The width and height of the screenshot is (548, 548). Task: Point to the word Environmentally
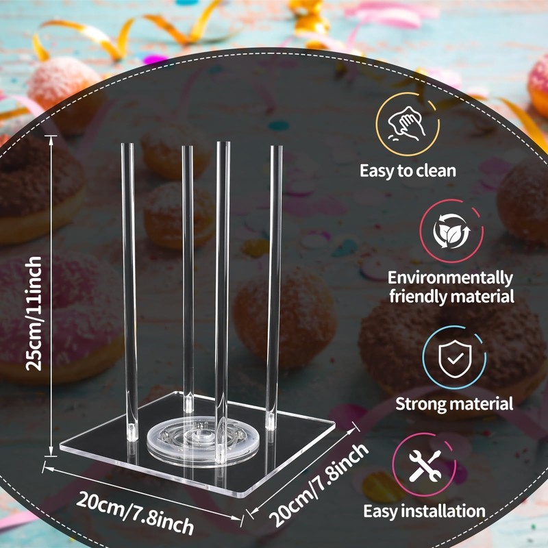(x=450, y=278)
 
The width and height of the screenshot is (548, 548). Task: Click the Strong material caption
(x=454, y=403)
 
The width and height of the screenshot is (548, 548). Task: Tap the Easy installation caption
(x=424, y=511)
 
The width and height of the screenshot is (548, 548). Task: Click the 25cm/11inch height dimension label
(x=36, y=312)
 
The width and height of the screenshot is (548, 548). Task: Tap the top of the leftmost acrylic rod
(x=127, y=147)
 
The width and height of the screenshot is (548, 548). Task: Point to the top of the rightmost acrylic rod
(x=276, y=148)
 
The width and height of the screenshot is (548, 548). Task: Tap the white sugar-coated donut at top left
(x=65, y=89)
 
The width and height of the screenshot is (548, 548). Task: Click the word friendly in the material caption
(x=423, y=297)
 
